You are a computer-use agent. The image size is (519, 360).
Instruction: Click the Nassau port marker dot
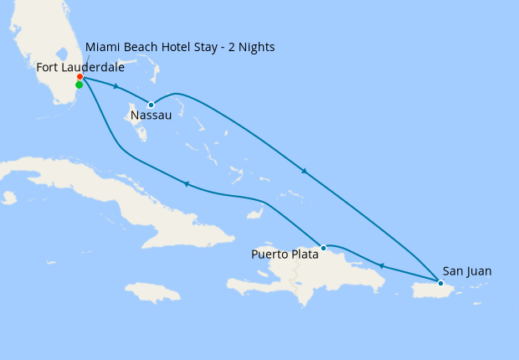151,105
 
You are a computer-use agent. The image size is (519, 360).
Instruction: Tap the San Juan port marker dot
440,283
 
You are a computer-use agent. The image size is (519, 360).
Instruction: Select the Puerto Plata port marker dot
323,248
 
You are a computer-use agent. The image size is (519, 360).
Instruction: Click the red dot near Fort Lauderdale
80,78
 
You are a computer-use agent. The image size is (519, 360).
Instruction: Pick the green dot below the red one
79,85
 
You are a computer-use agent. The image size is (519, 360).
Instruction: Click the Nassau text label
151,116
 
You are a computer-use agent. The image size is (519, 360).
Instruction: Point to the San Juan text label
467,271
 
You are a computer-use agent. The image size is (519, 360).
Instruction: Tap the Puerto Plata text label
285,254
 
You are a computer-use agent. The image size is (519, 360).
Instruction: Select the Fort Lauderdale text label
80,66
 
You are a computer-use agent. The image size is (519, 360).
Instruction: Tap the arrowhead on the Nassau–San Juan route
304,172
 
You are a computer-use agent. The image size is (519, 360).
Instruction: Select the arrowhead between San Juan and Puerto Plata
381,266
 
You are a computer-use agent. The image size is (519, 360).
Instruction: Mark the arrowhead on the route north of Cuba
185,184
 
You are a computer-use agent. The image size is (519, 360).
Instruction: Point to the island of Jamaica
153,292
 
